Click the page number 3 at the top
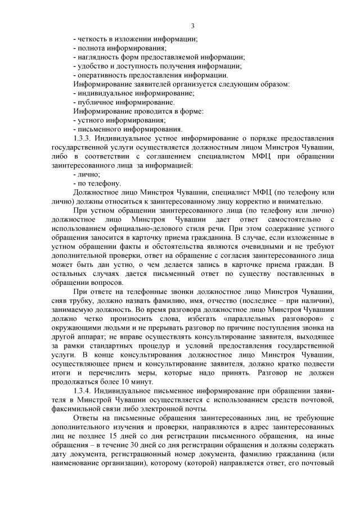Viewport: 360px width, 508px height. click(193, 26)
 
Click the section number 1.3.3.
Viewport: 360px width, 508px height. click(84, 138)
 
